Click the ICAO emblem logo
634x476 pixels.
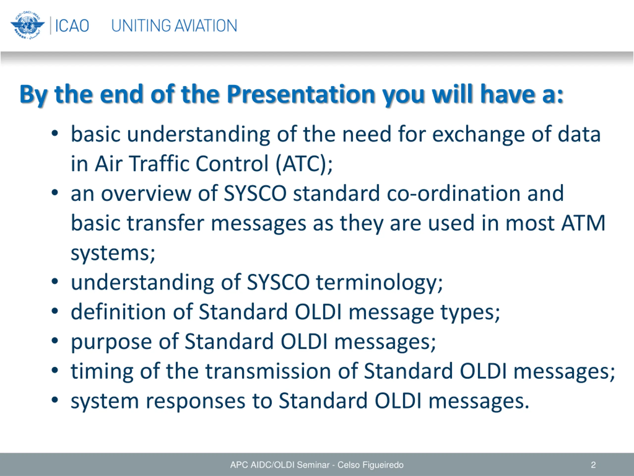coord(27,26)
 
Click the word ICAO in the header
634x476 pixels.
coord(72,26)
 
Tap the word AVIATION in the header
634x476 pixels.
coord(206,26)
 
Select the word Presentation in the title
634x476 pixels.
coord(301,94)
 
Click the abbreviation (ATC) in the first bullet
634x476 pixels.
coord(304,164)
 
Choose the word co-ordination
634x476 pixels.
coord(454,193)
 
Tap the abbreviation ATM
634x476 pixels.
coord(583,223)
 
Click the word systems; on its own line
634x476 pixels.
coord(113,253)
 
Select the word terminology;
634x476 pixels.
coord(379,283)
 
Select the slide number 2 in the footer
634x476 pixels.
coord(593,465)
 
